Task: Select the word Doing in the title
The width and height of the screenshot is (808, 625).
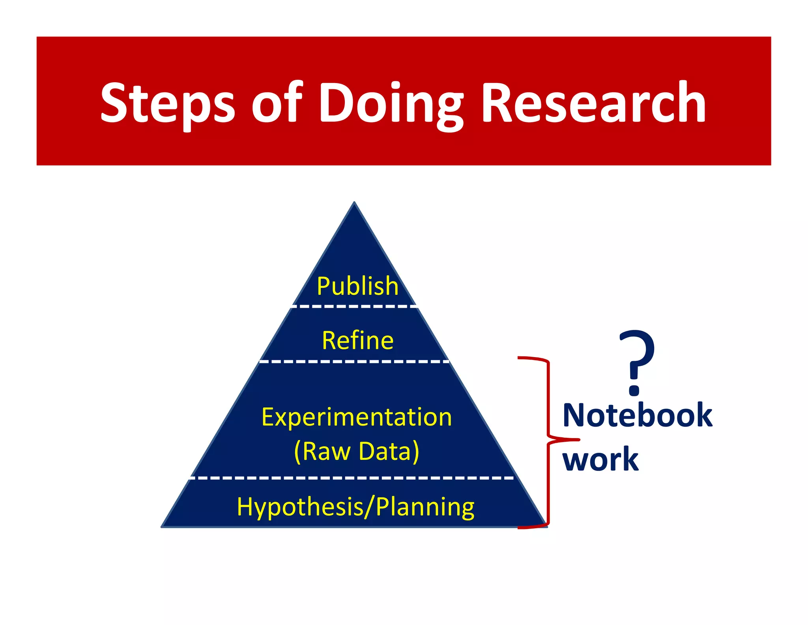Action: [391, 104]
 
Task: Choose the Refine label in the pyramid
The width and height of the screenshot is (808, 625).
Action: [357, 341]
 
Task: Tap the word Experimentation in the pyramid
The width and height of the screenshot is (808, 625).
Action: [356, 417]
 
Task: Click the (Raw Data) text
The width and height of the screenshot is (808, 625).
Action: [356, 451]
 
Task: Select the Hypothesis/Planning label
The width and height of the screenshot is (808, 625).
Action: [355, 507]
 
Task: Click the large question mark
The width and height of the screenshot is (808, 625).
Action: [636, 356]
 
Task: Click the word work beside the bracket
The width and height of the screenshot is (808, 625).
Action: [600, 459]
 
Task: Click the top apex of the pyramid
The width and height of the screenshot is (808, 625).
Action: [354, 203]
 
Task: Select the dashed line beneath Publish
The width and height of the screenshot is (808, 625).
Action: [354, 306]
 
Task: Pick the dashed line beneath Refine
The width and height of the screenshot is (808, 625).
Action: [354, 361]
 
